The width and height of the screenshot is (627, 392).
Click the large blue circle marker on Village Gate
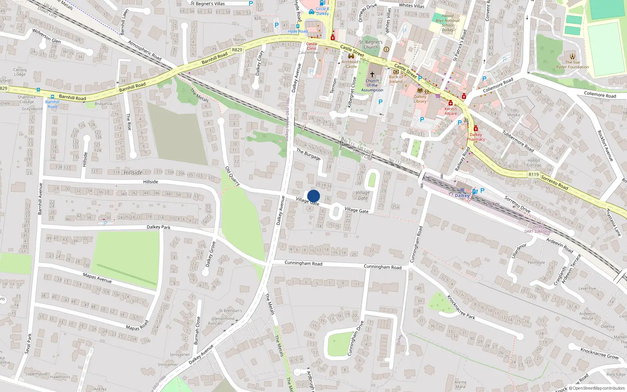point(313,196)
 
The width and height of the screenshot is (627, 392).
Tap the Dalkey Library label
point(420,99)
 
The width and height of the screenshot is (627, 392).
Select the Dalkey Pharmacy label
point(476,137)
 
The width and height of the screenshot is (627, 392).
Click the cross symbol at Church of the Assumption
point(372,74)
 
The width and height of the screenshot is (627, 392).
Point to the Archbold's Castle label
point(351,64)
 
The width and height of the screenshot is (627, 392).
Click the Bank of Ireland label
point(396,79)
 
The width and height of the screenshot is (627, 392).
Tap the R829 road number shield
point(237,50)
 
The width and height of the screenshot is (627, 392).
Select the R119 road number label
point(534,174)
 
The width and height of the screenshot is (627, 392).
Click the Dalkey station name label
point(462,196)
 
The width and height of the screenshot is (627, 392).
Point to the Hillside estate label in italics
point(133,172)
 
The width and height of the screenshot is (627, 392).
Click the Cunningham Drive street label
point(355,338)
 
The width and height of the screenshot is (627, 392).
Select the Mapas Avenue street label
point(97,278)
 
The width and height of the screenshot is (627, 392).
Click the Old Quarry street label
point(232,176)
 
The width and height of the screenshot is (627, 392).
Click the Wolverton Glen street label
point(46,36)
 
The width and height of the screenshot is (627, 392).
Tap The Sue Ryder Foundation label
point(573,65)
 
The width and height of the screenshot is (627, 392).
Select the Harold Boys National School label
point(448,23)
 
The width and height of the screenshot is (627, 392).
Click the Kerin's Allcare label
point(451,111)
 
